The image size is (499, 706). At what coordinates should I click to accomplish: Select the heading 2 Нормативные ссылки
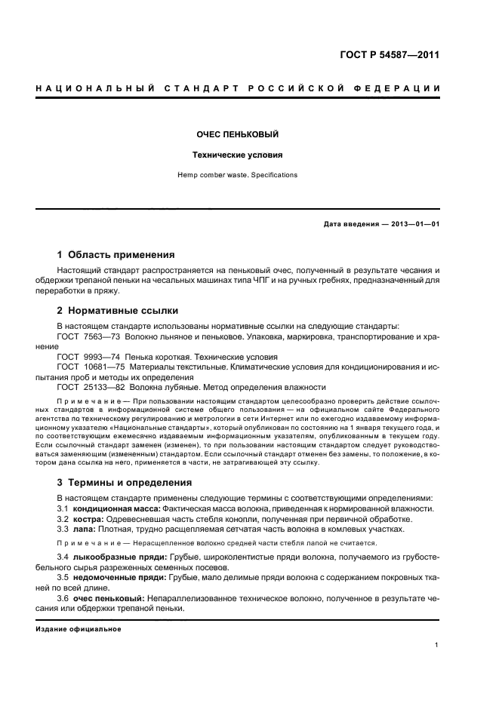(118, 310)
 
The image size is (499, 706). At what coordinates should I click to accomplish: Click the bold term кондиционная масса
(116, 508)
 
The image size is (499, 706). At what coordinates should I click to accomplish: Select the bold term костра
(88, 519)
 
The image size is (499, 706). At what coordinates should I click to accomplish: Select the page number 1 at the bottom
(437, 645)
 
